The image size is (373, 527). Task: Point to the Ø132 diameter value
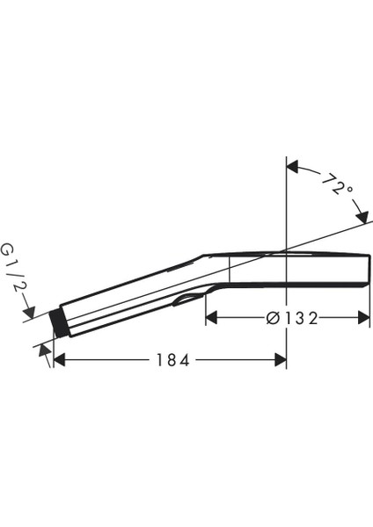tap(290, 317)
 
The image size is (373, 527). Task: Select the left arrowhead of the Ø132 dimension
tap(212, 317)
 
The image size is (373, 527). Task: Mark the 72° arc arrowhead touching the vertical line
tap(294, 166)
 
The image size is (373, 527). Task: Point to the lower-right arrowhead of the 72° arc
tap(362, 218)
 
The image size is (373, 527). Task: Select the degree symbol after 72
tap(349, 190)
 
